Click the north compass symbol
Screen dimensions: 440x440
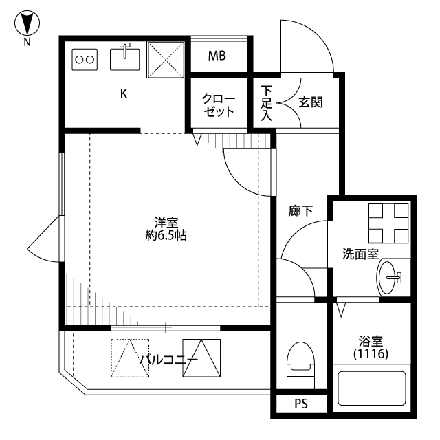coord(27,23)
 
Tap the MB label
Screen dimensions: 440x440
coord(217,56)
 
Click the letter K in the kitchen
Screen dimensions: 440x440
coord(124,93)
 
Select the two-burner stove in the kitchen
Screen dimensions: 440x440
coord(85,60)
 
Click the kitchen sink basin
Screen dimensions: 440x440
coord(125,59)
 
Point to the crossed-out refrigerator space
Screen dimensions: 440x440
coord(166,60)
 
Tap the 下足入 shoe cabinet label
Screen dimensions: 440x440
coord(266,103)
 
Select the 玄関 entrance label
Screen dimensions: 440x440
coord(310,102)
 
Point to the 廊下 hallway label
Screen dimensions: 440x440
coord(300,211)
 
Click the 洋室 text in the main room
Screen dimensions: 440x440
coord(166,223)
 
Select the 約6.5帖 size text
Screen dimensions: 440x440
coord(166,235)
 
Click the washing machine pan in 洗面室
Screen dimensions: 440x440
coord(388,223)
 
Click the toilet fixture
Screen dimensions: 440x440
coord(300,365)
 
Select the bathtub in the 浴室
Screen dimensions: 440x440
coord(372,388)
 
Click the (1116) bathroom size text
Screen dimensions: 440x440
coord(371,354)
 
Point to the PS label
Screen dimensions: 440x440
coord(301,404)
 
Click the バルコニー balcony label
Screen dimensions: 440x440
coord(168,359)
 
